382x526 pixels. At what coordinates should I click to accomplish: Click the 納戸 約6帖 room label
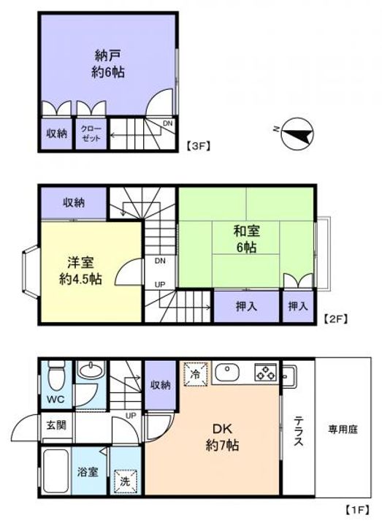107,64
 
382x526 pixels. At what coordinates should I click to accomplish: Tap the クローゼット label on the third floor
92,134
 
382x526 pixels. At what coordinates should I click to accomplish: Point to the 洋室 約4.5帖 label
80,270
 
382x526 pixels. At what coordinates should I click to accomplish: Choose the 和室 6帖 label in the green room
245,240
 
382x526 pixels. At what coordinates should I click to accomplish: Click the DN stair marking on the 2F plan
158,261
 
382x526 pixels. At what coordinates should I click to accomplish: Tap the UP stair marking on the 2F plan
158,286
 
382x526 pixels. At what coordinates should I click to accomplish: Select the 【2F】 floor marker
335,319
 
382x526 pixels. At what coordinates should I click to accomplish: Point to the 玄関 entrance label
56,424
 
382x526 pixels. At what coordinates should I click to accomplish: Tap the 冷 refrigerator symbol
195,373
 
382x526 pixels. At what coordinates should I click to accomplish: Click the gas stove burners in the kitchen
265,373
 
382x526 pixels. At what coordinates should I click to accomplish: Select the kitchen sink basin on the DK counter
227,373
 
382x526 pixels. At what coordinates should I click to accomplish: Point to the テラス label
299,435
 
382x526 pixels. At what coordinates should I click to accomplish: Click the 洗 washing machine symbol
124,481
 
